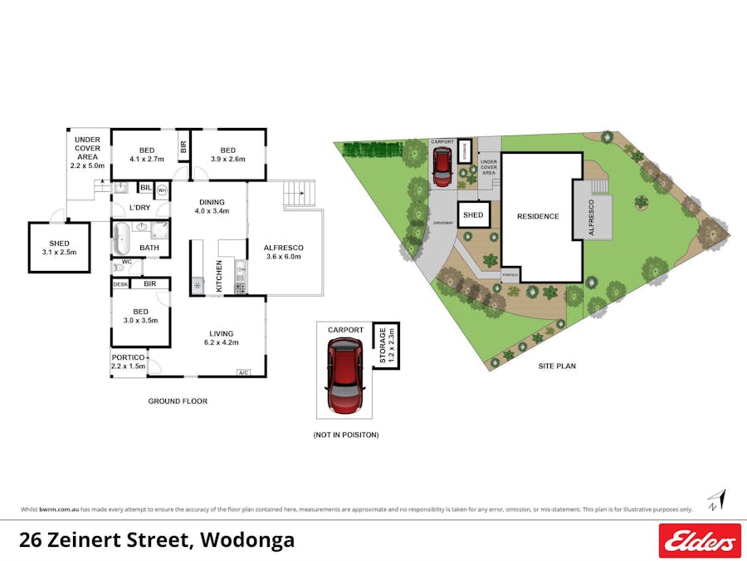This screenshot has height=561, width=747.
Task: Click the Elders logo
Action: (x=699, y=540)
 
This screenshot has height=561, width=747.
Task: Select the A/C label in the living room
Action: (x=244, y=372)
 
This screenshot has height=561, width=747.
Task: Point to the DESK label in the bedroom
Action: (x=121, y=283)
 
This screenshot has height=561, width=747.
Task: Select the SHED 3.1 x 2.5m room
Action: (x=58, y=247)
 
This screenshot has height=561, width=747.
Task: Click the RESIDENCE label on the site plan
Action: (x=538, y=216)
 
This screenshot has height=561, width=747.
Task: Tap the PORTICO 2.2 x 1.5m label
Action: (x=129, y=362)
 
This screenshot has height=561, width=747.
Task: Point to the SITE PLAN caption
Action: (x=556, y=366)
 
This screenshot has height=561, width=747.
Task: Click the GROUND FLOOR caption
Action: (x=178, y=401)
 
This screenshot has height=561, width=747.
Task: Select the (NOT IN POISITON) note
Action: (x=345, y=435)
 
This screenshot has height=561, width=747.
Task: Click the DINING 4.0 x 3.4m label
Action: (x=211, y=205)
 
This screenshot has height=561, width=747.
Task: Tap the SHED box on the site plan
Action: (x=473, y=215)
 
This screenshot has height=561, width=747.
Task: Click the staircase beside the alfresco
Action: (x=300, y=194)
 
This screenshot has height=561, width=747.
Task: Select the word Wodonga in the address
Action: (x=247, y=540)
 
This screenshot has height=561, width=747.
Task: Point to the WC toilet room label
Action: (x=127, y=262)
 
